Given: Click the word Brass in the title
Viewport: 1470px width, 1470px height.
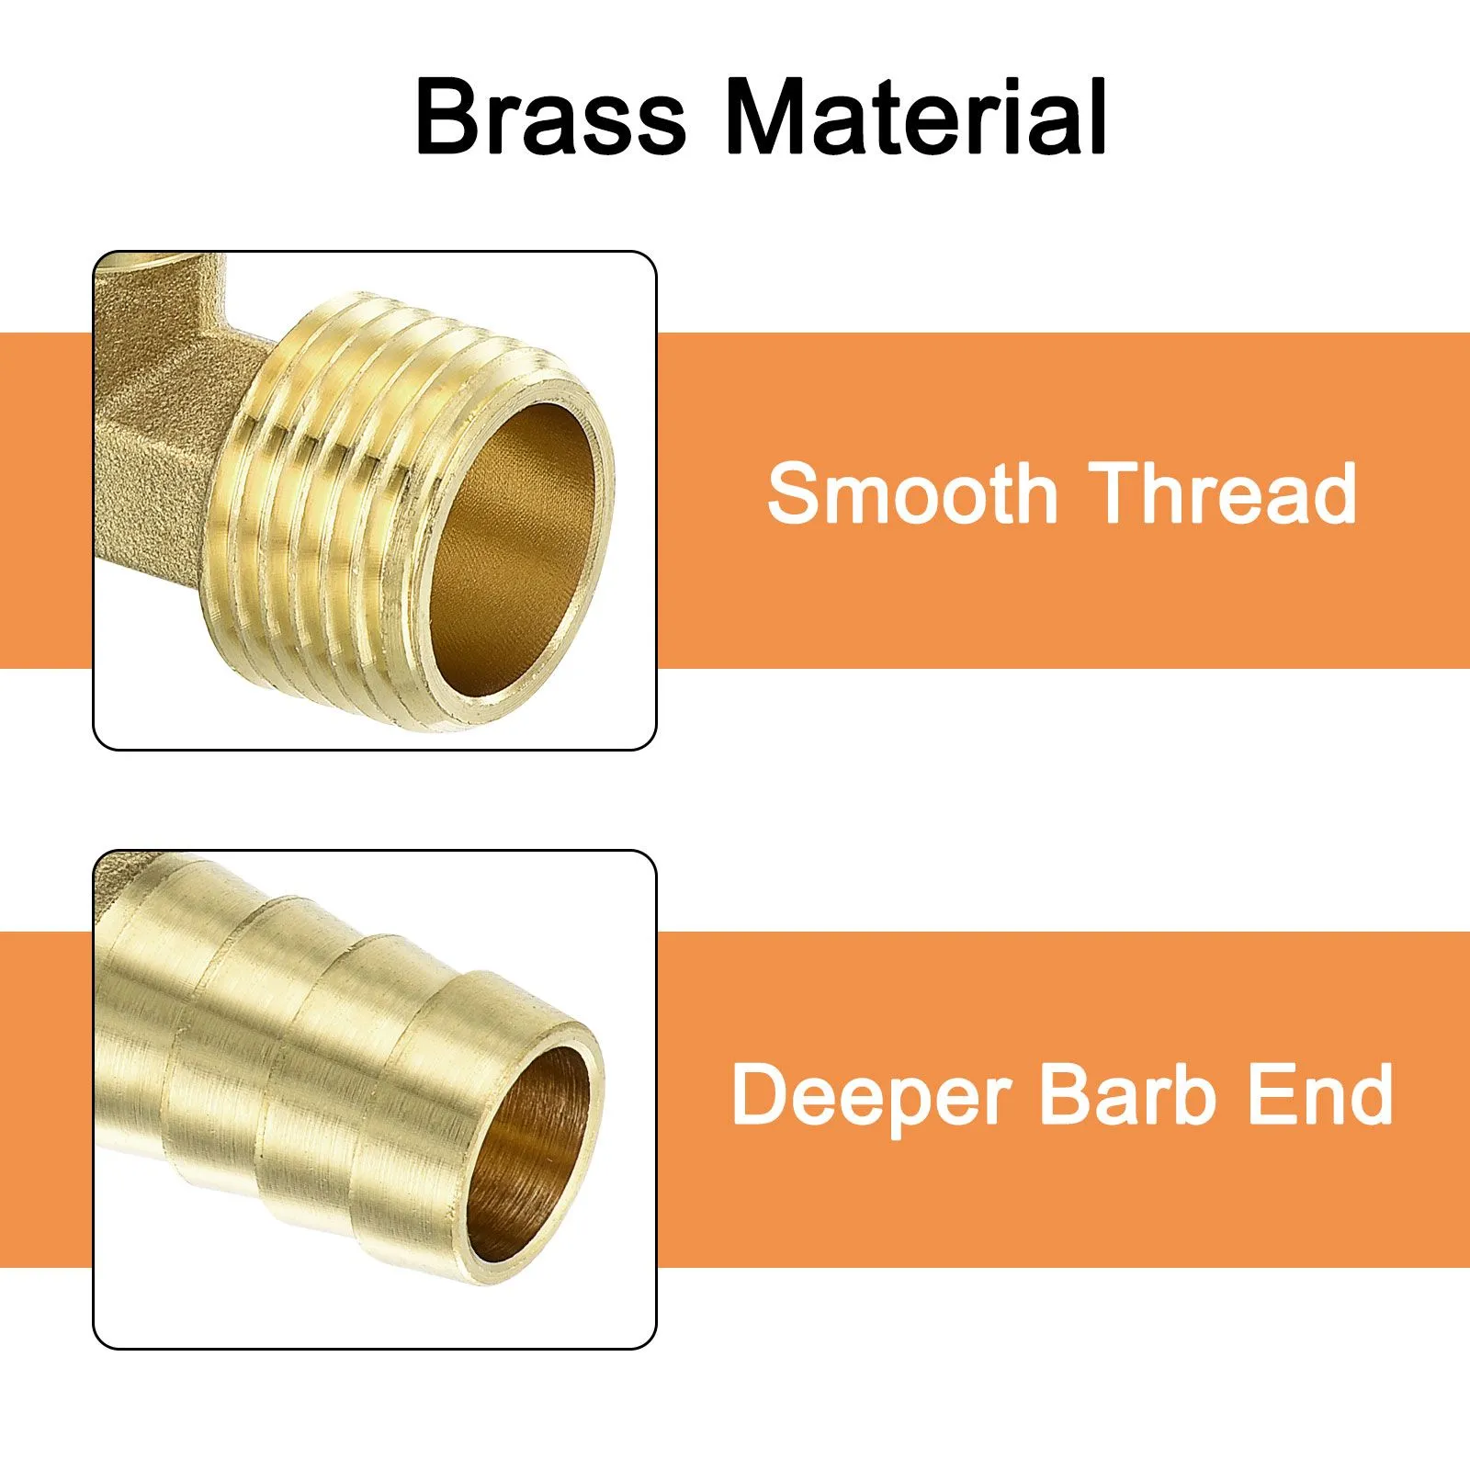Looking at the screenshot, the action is (x=551, y=118).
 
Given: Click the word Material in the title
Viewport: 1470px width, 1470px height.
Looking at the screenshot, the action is (x=917, y=117).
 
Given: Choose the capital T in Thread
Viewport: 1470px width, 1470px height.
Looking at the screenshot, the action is (x=1116, y=492).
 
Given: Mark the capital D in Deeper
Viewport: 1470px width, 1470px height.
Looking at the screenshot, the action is (x=762, y=1093).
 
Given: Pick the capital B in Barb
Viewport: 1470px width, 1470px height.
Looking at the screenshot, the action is (x=1066, y=1093).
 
